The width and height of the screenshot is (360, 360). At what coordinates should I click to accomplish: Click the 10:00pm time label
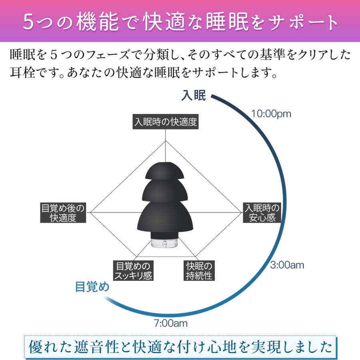pyautogui.click(x=271, y=114)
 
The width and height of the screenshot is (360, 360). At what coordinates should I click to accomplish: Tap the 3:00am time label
pyautogui.click(x=287, y=265)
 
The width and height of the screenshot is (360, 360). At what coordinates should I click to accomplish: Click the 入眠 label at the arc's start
pyautogui.click(x=194, y=96)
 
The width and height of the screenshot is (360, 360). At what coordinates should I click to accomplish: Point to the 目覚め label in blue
pyautogui.click(x=92, y=287)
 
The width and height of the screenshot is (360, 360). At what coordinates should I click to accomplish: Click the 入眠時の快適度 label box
pyautogui.click(x=166, y=122)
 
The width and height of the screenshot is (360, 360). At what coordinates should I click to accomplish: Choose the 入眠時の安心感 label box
pyautogui.click(x=262, y=213)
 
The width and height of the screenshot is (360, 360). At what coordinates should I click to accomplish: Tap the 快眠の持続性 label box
pyautogui.click(x=199, y=271)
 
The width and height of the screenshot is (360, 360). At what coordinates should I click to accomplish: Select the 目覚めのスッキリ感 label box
pyautogui.click(x=133, y=271)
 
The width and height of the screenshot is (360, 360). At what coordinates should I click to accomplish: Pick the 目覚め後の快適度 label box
pyautogui.click(x=63, y=213)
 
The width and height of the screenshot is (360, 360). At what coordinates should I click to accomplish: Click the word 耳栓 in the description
pyautogui.click(x=23, y=73)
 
